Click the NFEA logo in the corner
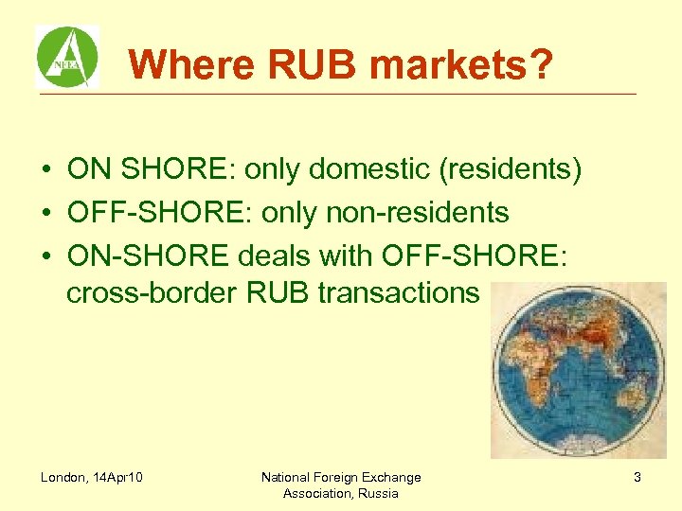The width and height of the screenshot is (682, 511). pyautogui.click(x=67, y=57)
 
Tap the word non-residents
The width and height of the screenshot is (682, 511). pyautogui.click(x=417, y=213)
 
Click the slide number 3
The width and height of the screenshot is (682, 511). pyautogui.click(x=637, y=478)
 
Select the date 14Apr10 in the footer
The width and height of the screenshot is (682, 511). pyautogui.click(x=118, y=477)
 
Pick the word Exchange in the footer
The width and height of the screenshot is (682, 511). pyautogui.click(x=390, y=477)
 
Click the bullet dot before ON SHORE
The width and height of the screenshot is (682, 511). pyautogui.click(x=45, y=170)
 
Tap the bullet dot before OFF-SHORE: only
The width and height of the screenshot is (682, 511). pyautogui.click(x=45, y=214)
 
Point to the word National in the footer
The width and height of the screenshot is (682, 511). pyautogui.click(x=286, y=477)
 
